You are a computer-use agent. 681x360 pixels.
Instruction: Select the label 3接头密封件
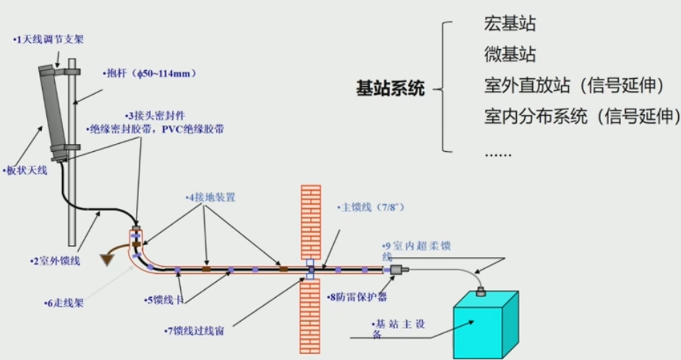(x=155, y=116)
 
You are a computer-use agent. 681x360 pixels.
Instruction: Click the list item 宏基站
(x=510, y=24)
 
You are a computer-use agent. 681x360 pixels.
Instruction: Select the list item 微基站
(x=510, y=55)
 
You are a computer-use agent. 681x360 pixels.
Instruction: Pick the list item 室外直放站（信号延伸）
(x=574, y=85)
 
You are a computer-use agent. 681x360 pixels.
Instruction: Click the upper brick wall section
(x=310, y=220)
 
